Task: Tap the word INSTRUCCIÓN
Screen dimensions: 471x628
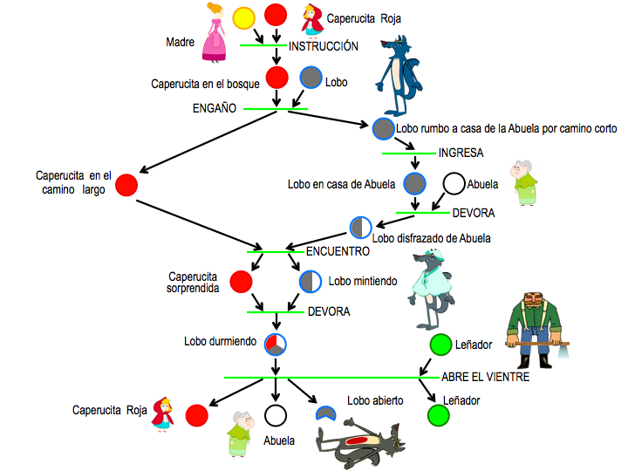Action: tap(324, 45)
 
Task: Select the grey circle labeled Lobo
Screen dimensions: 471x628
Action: tap(311, 78)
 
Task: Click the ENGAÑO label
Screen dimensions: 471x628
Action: tap(215, 109)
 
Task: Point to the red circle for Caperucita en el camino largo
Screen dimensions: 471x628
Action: tap(126, 185)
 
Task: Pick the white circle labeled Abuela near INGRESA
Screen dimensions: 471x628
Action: tap(454, 184)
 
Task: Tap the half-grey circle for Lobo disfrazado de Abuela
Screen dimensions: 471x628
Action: tap(361, 228)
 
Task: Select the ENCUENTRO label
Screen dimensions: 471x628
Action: tap(338, 251)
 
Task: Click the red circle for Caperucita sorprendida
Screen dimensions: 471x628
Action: tap(242, 282)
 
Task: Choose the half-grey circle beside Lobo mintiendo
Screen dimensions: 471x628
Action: tap(311, 282)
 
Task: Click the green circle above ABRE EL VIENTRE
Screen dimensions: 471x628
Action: tap(440, 345)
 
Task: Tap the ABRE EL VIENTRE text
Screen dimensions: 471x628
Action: tap(491, 377)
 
